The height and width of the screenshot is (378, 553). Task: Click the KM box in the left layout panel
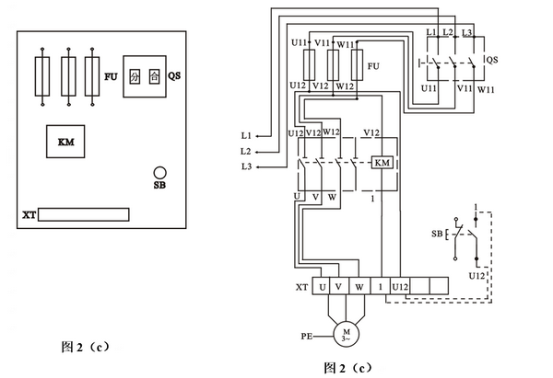[x=65, y=142]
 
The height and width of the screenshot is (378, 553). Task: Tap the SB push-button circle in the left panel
[x=159, y=172]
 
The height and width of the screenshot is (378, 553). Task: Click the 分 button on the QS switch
[x=135, y=75]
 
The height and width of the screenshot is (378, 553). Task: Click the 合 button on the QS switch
[x=155, y=75]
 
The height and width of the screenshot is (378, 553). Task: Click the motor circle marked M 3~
[x=347, y=333]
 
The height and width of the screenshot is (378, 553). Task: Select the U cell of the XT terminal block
[x=323, y=287]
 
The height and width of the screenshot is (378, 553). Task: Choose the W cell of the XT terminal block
[x=360, y=287]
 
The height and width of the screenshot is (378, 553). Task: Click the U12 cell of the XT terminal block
[x=401, y=287]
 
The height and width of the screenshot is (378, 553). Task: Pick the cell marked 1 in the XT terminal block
[x=381, y=287]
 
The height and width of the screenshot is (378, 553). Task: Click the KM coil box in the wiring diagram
[x=381, y=162]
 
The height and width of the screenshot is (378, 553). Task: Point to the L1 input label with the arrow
[x=244, y=134]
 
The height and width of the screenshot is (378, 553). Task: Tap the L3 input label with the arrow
[x=244, y=166]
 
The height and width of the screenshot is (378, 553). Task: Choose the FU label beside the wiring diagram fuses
[x=372, y=66]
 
